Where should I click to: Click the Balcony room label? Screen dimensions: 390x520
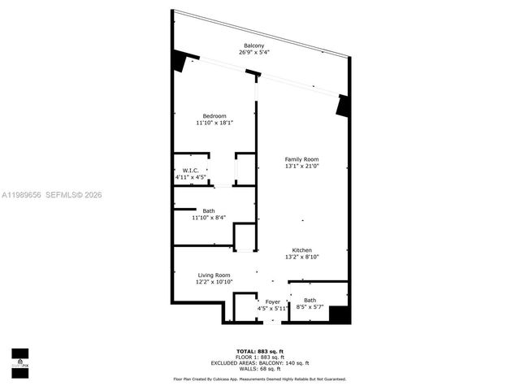point(254,45)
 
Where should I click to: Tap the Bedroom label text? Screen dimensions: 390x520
point(214,115)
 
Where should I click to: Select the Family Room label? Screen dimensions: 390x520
point(301,158)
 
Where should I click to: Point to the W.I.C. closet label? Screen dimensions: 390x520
point(191,170)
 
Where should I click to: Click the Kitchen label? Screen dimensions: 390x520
point(302,250)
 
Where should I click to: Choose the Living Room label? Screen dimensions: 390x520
point(214,275)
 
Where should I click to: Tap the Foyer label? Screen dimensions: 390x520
point(273,301)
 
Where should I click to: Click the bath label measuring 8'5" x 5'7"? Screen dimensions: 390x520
point(310,301)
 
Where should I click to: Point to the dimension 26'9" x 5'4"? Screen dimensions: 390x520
point(254,52)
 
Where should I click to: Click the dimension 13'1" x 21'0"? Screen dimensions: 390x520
point(301,166)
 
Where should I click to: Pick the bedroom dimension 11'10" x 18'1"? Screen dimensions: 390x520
point(214,123)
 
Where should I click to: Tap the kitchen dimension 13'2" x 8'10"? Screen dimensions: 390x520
point(302,258)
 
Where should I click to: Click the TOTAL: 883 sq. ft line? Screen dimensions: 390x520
point(260,350)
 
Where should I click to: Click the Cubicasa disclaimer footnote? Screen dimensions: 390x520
point(260,379)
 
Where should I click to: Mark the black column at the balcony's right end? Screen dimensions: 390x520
point(343,105)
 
